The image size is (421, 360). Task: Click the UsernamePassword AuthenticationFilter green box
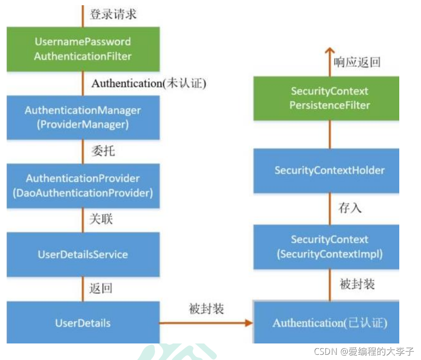point(83,49)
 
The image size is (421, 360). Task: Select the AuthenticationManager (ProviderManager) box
point(83,117)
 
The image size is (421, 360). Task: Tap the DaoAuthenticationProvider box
point(83,186)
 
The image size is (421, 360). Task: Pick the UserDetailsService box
point(83,254)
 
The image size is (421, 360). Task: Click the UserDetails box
point(83,323)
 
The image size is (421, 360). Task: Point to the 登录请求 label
point(113,14)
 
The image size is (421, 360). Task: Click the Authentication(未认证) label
point(149,84)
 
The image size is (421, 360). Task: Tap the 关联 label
point(101,220)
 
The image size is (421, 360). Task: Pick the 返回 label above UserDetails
point(101,288)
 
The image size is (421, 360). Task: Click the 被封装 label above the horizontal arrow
point(206,309)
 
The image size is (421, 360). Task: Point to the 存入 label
point(350,208)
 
